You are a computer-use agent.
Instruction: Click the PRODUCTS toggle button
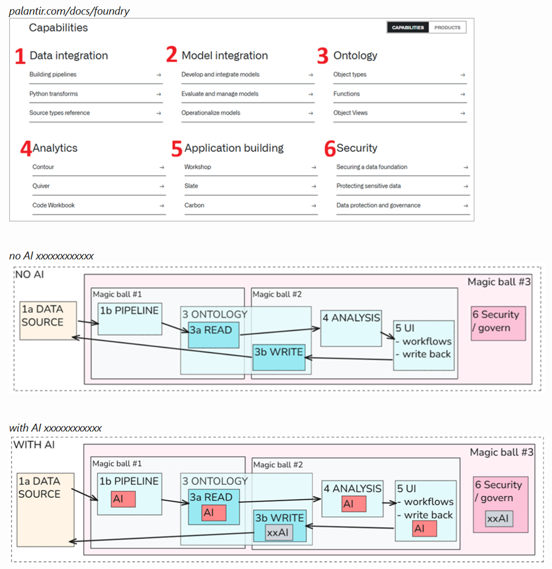coord(448,27)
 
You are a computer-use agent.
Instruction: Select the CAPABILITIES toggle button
coord(408,27)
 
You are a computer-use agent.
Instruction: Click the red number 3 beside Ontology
coord(322,55)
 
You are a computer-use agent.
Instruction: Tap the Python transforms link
coord(54,94)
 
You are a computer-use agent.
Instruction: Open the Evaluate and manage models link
coord(220,94)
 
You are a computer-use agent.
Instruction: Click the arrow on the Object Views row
coord(462,113)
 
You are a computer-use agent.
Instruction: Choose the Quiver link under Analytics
coord(41,186)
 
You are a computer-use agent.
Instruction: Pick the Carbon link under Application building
coord(194,205)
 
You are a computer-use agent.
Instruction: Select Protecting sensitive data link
coord(368,186)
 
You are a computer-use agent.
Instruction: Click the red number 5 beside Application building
coord(176,148)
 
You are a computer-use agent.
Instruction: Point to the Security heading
coord(357,148)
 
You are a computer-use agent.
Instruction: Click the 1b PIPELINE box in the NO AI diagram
coord(129,319)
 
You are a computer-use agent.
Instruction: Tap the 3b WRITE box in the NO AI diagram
coord(278,357)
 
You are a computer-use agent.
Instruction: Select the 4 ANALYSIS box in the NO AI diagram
coord(351,328)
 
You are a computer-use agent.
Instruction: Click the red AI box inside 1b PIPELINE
coord(123,499)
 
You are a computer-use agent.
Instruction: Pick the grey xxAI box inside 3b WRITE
coord(278,532)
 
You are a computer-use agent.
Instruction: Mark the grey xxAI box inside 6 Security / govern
coord(499,518)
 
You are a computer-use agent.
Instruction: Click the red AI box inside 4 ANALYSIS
coord(354,504)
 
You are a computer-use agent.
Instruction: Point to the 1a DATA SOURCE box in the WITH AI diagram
coord(45,509)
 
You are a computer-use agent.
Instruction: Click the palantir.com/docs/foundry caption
coord(69,11)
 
